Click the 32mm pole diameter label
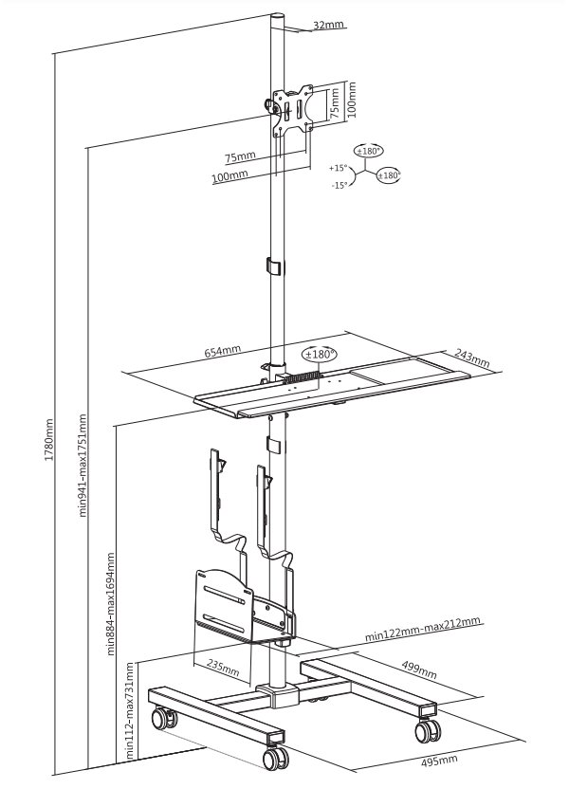coord(329,25)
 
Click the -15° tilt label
coord(339,185)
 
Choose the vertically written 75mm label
coord(334,104)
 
